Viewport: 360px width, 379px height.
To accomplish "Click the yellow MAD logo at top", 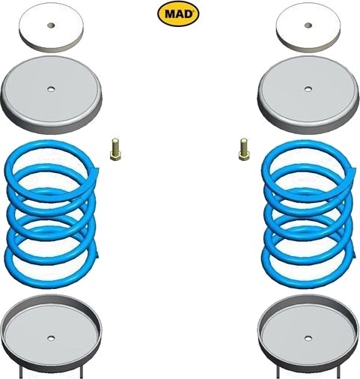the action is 178,14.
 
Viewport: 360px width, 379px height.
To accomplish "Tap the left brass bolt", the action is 115,149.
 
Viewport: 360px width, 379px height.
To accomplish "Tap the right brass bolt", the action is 243,149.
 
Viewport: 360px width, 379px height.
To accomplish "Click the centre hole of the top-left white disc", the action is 51,25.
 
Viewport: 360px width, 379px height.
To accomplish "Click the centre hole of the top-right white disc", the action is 308,25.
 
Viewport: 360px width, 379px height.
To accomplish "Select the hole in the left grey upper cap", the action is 51,89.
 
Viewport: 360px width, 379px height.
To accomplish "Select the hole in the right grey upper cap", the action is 308,89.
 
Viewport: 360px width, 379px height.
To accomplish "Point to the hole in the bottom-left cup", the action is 51,339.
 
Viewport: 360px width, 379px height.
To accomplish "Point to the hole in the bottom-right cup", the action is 308,339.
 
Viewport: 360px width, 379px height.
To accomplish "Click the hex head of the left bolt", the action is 115,157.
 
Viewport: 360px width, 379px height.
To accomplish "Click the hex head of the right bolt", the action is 243,157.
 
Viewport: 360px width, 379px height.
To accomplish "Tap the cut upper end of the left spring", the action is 96,172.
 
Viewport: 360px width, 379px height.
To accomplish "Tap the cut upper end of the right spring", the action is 353,172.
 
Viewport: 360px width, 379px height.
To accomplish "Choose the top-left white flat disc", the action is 51,28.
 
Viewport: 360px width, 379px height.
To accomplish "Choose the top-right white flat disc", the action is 308,28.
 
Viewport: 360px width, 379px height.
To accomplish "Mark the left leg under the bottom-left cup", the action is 21,372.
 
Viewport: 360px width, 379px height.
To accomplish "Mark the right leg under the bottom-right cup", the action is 338,372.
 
